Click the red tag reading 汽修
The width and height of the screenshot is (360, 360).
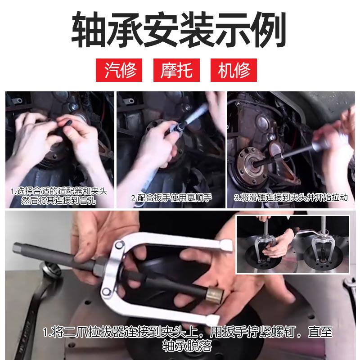tap(119, 70)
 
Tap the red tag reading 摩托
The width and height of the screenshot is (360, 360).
tap(176, 70)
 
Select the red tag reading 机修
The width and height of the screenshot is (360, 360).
tap(234, 70)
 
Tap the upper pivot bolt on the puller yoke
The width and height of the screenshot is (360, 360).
tap(119, 245)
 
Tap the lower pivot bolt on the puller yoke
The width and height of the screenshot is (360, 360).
tap(106, 292)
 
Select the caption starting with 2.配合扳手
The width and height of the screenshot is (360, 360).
tap(171, 198)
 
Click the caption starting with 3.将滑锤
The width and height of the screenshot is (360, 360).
tap(291, 197)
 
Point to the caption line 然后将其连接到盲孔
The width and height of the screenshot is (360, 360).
tap(58, 201)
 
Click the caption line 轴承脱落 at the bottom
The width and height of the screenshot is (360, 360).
tap(187, 346)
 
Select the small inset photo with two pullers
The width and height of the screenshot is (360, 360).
tap(293, 244)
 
